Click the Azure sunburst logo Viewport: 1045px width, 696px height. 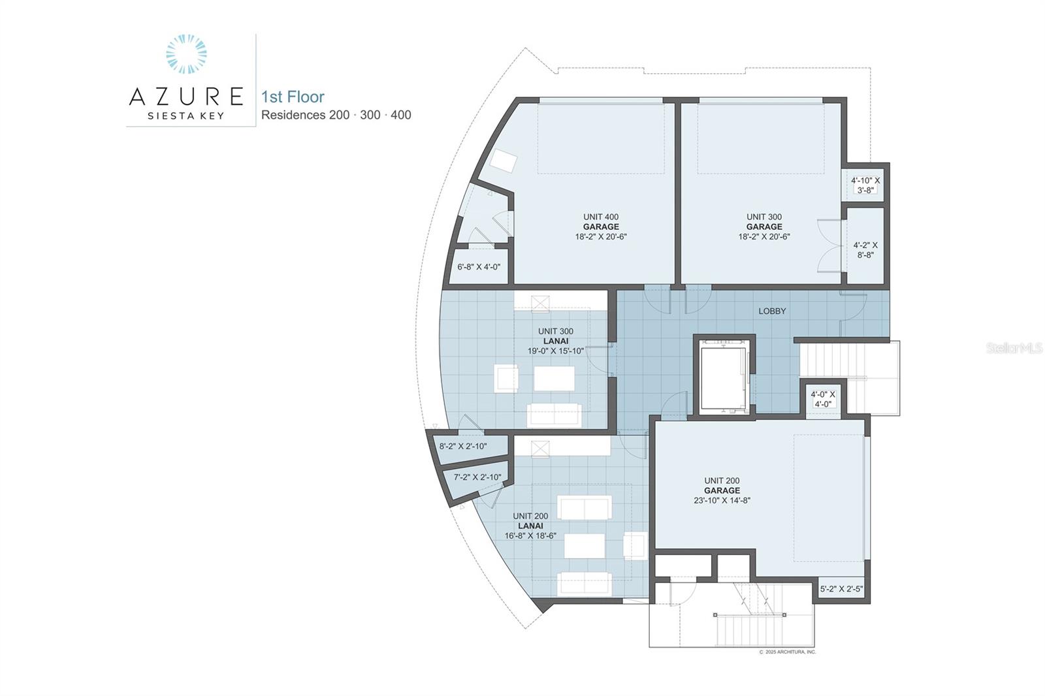(186, 54)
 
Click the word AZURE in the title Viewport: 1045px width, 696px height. (186, 97)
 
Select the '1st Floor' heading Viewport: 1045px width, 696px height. (293, 97)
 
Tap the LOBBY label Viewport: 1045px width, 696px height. (772, 311)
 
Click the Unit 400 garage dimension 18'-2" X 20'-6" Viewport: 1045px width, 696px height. (601, 236)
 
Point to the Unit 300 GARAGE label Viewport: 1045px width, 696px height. (764, 227)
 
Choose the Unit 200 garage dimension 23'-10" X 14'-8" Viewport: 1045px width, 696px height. (722, 501)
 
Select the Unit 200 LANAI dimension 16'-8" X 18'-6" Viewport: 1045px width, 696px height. (530, 536)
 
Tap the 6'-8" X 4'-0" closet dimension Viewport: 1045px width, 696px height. (479, 267)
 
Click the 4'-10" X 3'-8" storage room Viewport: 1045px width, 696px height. (865, 185)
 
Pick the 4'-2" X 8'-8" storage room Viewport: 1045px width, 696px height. (865, 246)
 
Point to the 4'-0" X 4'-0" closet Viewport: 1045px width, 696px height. (823, 399)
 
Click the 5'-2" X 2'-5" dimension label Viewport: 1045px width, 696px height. (842, 589)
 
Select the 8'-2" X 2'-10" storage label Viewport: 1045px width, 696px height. (463, 447)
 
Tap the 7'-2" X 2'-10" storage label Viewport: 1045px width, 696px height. (477, 477)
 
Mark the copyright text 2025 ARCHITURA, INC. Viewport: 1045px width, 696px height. (790, 652)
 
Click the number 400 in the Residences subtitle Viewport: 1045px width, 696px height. (401, 115)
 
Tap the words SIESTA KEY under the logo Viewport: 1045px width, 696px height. (186, 116)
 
